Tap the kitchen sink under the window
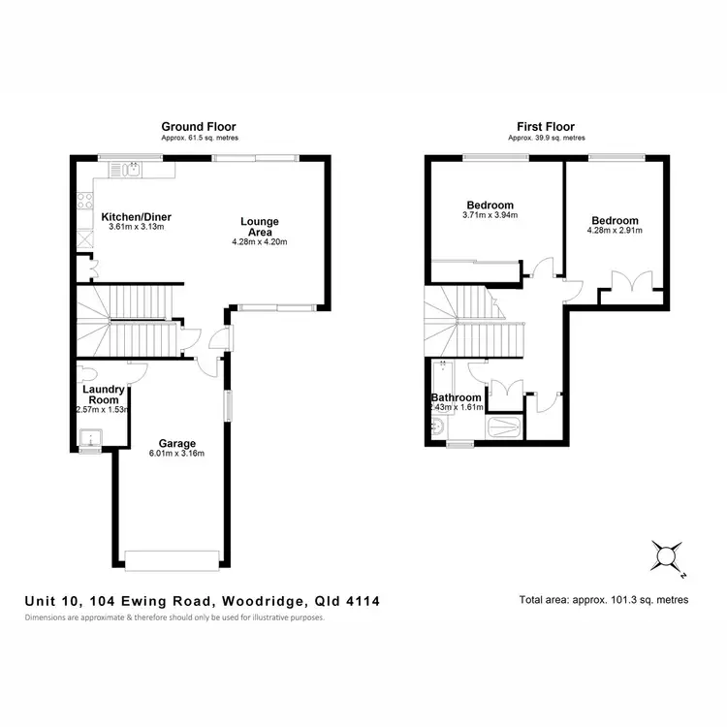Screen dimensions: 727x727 [x=127, y=170]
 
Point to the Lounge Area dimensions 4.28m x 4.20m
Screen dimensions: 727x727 [x=260, y=242]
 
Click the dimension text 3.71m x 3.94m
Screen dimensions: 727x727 [x=490, y=215]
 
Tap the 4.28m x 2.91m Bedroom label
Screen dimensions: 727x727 [x=613, y=232]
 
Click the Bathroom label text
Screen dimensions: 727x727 [x=456, y=397]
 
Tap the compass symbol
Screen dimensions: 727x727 [x=666, y=555]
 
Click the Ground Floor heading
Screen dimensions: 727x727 [x=199, y=126]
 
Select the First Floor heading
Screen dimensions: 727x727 [x=547, y=126]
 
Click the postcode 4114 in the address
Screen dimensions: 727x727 [x=363, y=601]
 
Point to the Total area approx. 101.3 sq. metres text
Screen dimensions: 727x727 [x=604, y=600]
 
